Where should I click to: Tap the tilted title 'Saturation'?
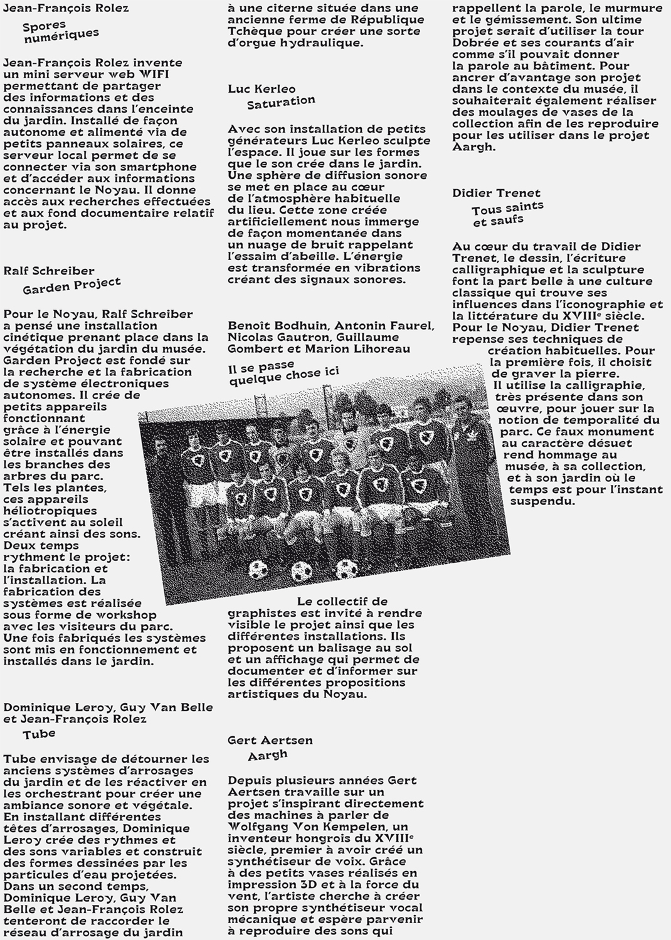coord(281,102)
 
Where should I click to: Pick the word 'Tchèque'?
coord(251,31)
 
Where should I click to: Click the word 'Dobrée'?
coord(473,43)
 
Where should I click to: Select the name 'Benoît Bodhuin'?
coord(278,325)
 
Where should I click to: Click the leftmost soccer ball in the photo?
coord(258,568)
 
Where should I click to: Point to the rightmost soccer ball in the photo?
coord(344,569)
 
